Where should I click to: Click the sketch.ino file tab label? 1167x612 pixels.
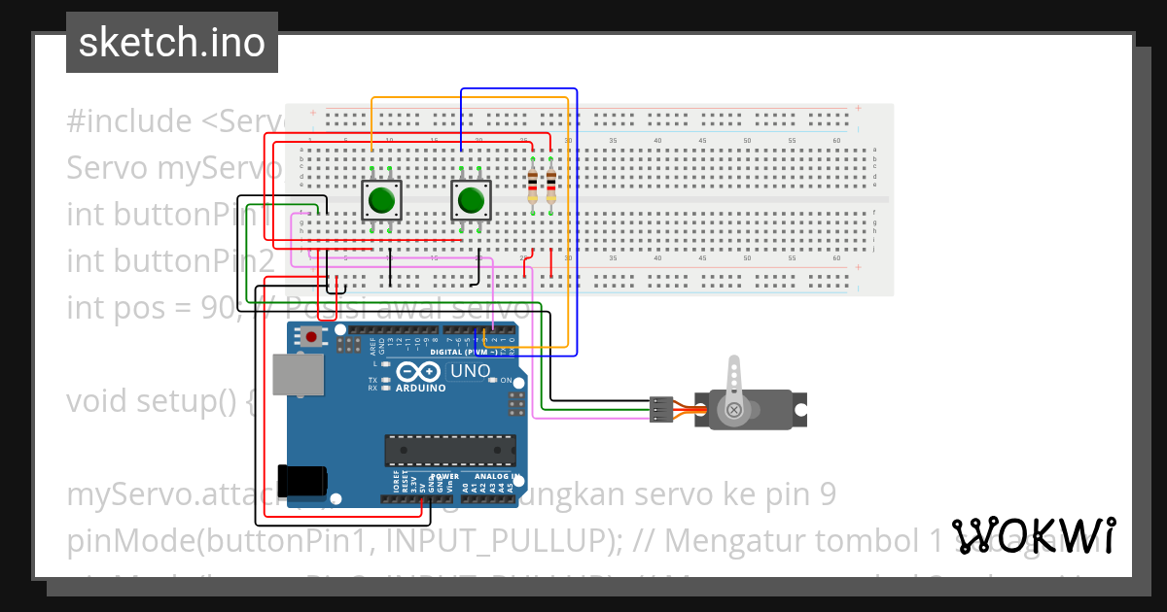172,44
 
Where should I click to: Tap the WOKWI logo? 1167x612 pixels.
1033,535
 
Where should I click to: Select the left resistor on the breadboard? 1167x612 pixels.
532,184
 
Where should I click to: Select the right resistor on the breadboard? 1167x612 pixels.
551,184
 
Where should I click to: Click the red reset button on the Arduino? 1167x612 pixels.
311,338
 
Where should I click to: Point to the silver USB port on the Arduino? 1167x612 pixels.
297,375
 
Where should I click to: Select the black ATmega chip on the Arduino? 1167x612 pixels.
450,450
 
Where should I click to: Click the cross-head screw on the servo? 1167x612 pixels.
734,410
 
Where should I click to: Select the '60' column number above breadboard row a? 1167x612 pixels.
837,141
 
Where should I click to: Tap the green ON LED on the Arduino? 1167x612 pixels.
493,381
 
